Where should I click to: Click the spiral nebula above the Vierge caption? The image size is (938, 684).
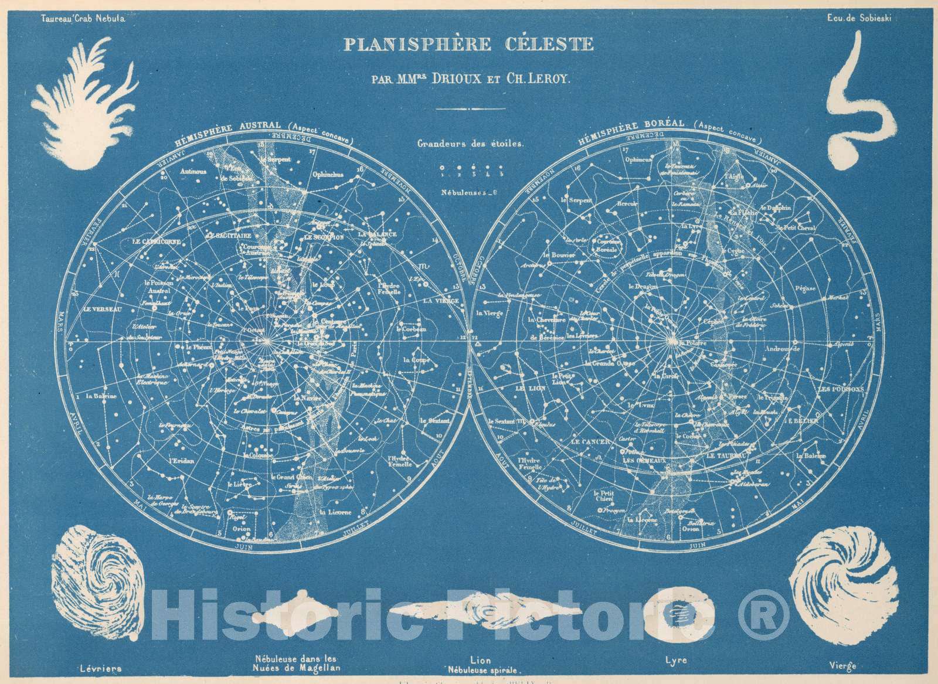830,592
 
